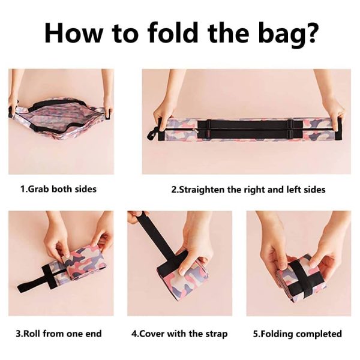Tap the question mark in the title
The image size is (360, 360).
pyautogui.click(x=309, y=32)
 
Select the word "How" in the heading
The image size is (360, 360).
pyautogui.click(x=73, y=32)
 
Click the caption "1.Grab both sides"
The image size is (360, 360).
pyautogui.click(x=58, y=189)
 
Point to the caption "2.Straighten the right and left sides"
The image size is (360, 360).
pyautogui.click(x=248, y=190)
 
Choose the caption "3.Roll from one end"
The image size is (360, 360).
pyautogui.click(x=59, y=334)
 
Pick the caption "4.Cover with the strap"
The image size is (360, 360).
pyautogui.click(x=179, y=334)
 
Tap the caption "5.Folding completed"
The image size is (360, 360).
pyautogui.click(x=298, y=334)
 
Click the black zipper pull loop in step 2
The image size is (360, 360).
pyautogui.click(x=152, y=134)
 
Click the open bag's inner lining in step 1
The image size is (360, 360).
pyautogui.click(x=59, y=116)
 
